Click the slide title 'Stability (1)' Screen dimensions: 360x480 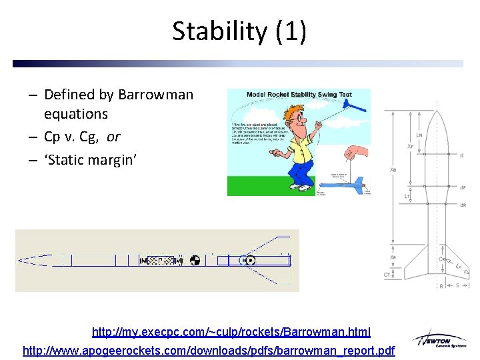point(239,31)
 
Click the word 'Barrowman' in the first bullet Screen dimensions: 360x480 point(155,95)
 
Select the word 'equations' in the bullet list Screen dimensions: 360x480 point(76,114)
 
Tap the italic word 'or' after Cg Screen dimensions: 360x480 point(113,137)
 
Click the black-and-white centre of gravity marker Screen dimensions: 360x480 point(195,260)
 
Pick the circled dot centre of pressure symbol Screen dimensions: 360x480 point(251,260)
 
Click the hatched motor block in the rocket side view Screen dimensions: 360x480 point(160,260)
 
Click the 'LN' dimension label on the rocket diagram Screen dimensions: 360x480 point(419,135)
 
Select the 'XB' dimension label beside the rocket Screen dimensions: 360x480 point(393,170)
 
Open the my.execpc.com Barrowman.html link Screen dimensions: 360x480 point(231,331)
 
